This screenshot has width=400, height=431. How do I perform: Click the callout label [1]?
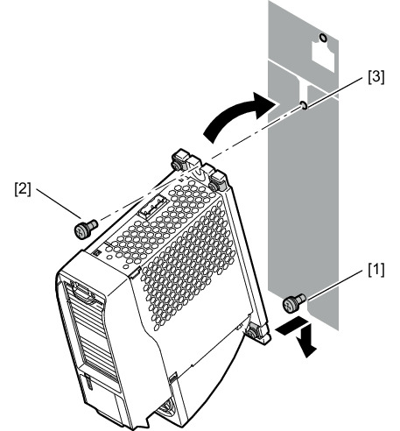pyautogui.click(x=375, y=269)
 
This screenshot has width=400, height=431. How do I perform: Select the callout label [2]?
pyautogui.click(x=23, y=189)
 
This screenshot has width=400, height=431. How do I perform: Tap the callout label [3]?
pyautogui.click(x=375, y=77)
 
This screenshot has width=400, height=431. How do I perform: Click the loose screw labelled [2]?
pyautogui.click(x=86, y=229)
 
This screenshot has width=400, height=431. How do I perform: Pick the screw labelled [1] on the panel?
pyautogui.click(x=294, y=303)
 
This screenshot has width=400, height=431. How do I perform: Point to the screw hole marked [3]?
pyautogui.click(x=304, y=105)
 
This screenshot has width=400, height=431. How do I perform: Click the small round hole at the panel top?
pyautogui.click(x=323, y=38)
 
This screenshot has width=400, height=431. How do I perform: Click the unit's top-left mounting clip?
pyautogui.click(x=181, y=159)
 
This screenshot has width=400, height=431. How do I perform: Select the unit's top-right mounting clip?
pyautogui.click(x=218, y=180)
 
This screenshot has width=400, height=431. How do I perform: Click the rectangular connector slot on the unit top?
pyautogui.click(x=152, y=207)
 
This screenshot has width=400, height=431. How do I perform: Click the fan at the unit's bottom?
pyautogui.click(x=166, y=410)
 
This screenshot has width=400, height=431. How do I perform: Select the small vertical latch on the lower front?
pyautogui.click(x=88, y=382)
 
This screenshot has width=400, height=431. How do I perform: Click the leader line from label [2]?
pyautogui.click(x=59, y=203)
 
